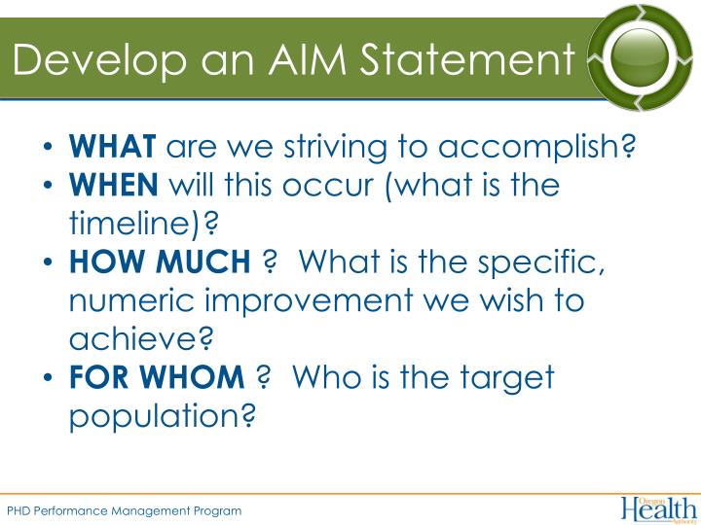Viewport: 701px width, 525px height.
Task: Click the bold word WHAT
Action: click(x=112, y=147)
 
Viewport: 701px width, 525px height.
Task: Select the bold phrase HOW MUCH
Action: click(x=160, y=262)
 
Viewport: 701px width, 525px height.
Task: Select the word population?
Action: click(x=163, y=415)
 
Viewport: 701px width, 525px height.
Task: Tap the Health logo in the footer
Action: click(x=658, y=507)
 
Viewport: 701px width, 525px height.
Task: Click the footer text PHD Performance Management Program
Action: click(x=124, y=510)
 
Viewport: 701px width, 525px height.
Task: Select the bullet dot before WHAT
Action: click(x=49, y=148)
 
